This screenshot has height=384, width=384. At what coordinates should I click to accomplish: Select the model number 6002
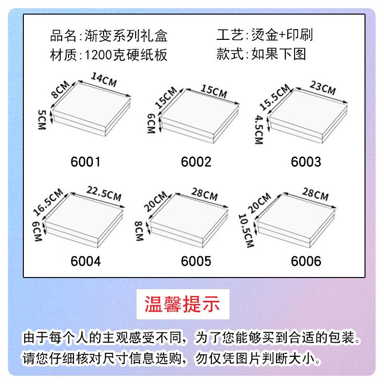(x=196, y=161)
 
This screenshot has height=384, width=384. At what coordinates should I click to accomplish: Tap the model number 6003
(x=306, y=161)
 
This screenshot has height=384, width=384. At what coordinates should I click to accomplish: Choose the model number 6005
(x=196, y=261)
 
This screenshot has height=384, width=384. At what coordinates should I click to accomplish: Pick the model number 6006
(x=306, y=261)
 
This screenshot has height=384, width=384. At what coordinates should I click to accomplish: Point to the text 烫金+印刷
(x=281, y=35)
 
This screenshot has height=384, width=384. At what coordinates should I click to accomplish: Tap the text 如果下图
(x=279, y=54)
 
